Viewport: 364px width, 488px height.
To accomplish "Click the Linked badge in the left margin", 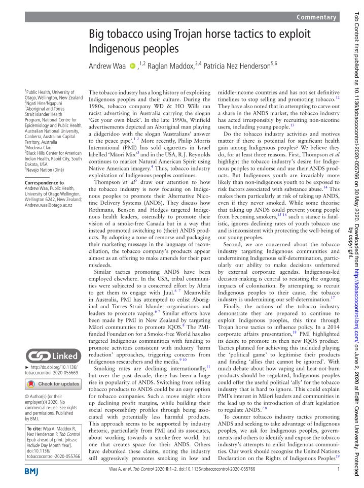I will coord(53,355).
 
